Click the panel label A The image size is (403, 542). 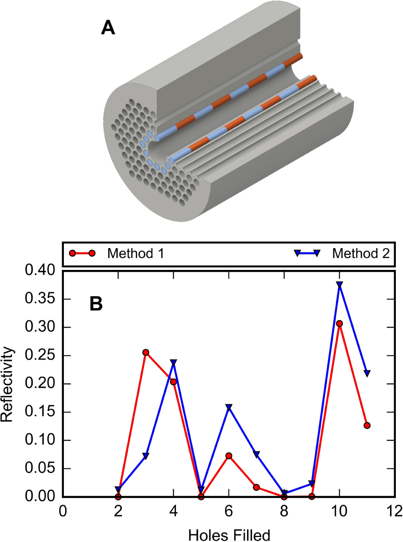(108, 29)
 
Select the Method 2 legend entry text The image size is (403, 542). (361, 253)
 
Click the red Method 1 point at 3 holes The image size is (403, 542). (146, 352)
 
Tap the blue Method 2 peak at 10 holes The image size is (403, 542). (340, 284)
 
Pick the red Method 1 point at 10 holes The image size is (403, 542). (340, 323)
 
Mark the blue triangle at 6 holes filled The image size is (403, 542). (229, 407)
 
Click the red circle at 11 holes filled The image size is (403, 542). (367, 425)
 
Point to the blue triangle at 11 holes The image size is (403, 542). (367, 373)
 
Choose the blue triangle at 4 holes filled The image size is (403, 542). (173, 362)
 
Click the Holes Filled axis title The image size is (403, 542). (229, 534)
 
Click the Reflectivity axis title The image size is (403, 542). (9, 383)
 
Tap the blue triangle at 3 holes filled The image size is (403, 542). (146, 456)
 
